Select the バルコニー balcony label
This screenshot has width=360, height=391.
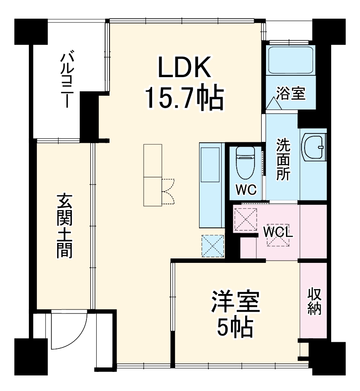coord(67,80)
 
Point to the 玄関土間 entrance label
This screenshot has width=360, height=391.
coord(65,226)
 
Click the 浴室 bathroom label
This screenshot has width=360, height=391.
coord(291,93)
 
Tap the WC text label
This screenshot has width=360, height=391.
coord(246,190)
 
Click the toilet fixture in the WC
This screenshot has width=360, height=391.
coord(245,161)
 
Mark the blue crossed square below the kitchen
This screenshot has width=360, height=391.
coord(213,245)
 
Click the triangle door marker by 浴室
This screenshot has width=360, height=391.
coord(274,103)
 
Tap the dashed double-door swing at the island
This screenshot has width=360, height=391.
coord(168,191)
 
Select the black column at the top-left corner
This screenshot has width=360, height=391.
coord(31,31)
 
